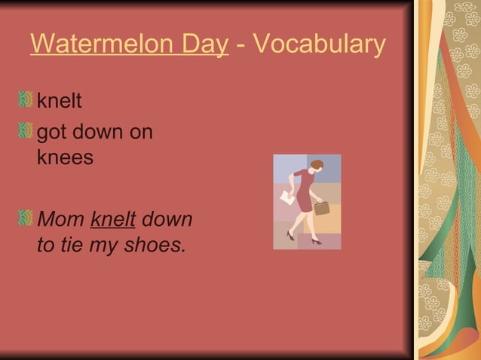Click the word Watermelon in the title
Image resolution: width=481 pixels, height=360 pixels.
pos(98,44)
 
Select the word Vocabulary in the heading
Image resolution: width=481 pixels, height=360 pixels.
pos(320,45)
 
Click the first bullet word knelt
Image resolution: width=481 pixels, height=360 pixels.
pos(60,101)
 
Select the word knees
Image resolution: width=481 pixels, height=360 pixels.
pos(66,157)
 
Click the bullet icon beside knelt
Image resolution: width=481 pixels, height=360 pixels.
pos(26,99)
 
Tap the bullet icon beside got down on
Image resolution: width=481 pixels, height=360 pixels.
pos(26,132)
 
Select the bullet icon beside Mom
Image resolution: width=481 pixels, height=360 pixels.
pos(26,218)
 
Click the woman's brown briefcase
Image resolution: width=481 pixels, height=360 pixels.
pos(322,208)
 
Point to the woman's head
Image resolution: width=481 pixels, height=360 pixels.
pos(316,166)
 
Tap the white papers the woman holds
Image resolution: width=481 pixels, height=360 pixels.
pos(286,197)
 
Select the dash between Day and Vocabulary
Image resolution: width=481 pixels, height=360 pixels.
pos(239,45)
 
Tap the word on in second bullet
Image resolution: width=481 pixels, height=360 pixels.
pos(139,133)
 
